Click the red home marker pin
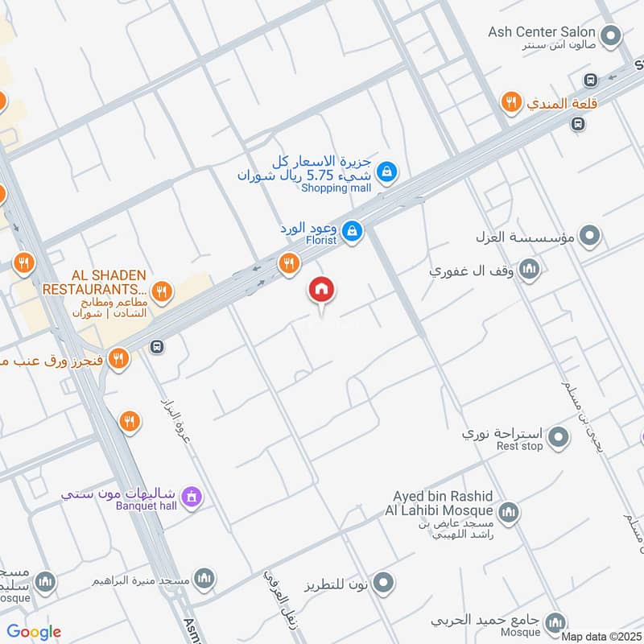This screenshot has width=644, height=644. click(322, 291)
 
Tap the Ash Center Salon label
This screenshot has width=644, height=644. click(542, 32)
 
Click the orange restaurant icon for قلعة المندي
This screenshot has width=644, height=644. click(510, 102)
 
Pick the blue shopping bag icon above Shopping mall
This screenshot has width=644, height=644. click(387, 171)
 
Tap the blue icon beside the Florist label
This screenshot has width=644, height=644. click(352, 231)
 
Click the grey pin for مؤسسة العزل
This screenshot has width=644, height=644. click(591, 237)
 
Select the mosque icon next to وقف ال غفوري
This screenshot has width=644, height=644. click(529, 269)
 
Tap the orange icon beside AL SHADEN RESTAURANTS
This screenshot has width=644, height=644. click(162, 291)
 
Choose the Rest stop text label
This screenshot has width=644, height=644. click(519, 446)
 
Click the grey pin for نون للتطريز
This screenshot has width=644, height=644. click(384, 581)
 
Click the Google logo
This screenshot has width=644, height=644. click(34, 632)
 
